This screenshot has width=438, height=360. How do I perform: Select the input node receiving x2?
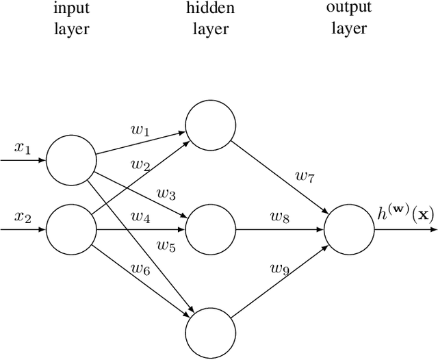pyautogui.click(x=71, y=229)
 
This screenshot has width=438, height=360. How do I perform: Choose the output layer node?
pyautogui.click(x=349, y=230)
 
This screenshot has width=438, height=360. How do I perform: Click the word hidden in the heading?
pyautogui.click(x=210, y=8)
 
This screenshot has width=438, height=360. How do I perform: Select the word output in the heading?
pyautogui.click(x=349, y=8)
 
